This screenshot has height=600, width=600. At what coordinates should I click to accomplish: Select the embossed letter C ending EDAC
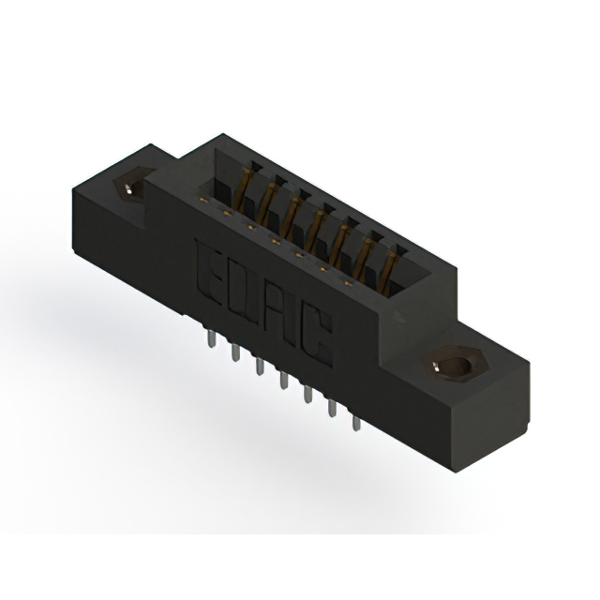(x=316, y=339)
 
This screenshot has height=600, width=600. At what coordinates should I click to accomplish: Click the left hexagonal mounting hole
(x=131, y=186)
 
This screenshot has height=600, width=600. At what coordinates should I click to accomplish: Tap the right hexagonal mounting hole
(x=455, y=365)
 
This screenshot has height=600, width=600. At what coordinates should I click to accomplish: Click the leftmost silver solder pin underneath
(x=211, y=339)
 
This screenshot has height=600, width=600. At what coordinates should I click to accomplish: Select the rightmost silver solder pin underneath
(x=356, y=423)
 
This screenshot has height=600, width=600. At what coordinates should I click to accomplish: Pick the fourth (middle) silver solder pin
(x=283, y=381)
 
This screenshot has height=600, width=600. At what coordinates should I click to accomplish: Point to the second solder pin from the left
(x=235, y=352)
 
